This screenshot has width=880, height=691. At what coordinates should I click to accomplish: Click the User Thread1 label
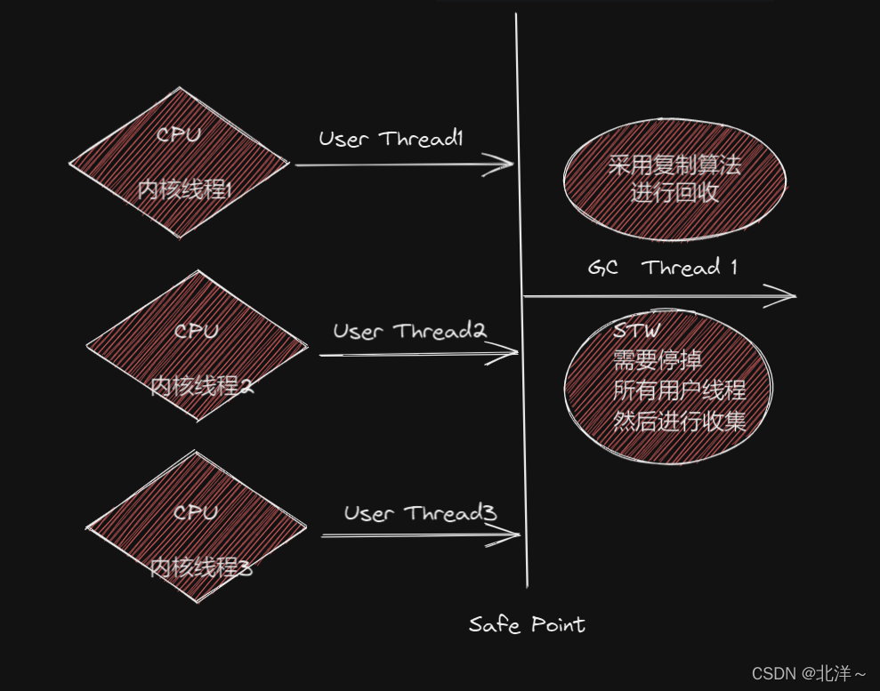[392, 140]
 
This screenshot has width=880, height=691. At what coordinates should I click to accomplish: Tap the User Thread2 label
[409, 332]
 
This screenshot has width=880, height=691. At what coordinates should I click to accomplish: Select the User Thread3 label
[420, 513]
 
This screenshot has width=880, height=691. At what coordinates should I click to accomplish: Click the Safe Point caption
[527, 624]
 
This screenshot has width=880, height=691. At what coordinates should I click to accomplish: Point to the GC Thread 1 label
[663, 268]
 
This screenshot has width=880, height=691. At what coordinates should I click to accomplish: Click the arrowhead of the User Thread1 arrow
[507, 164]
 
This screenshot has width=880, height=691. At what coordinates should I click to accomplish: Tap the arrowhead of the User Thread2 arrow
[511, 354]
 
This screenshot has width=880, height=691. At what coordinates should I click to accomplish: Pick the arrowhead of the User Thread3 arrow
[513, 535]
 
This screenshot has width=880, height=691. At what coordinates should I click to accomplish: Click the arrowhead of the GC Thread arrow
[787, 296]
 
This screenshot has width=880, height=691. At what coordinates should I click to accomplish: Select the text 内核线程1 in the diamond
[185, 189]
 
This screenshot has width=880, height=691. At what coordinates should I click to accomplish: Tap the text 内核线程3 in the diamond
[200, 566]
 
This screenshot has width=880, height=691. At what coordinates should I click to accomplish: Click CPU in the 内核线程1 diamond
[179, 135]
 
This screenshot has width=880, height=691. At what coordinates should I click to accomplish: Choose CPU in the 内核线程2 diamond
[197, 331]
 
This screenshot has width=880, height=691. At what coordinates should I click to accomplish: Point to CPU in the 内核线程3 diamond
[195, 513]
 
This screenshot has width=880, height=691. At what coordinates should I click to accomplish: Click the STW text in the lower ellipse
[636, 331]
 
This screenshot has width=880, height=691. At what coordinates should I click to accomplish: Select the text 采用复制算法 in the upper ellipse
[674, 165]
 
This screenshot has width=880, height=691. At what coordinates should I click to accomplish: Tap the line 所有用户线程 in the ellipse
[679, 390]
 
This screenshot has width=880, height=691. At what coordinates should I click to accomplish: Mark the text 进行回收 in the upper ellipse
[674, 192]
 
